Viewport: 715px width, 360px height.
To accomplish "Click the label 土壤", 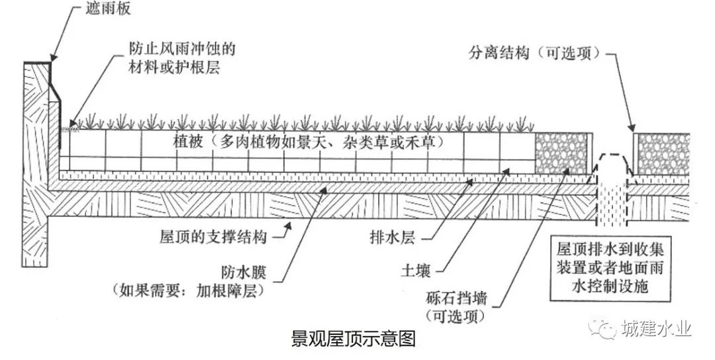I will tap(416, 271).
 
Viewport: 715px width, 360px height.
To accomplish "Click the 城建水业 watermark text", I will tap(656, 329).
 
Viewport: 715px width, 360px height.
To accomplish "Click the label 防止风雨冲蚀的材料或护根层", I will tap(182, 58).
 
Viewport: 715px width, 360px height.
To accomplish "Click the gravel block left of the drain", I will tap(562, 152).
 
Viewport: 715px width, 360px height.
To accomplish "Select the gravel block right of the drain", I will tap(662, 154).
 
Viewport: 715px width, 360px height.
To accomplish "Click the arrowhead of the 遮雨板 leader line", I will tap(52, 60).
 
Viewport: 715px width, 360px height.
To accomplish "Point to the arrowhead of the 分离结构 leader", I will tap(634, 129).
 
